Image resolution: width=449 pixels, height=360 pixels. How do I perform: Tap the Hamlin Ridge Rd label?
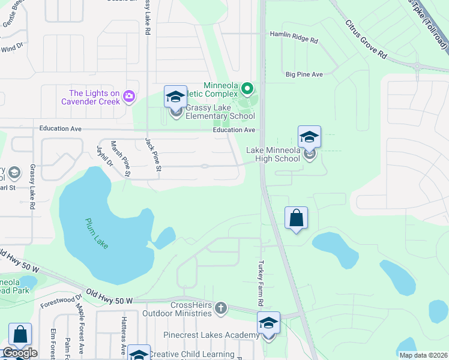[294, 38]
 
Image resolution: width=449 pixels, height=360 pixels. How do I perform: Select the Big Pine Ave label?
[304, 74]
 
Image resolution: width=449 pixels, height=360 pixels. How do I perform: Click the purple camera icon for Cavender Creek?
[128, 96]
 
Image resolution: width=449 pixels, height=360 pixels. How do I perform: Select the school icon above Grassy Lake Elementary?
[175, 97]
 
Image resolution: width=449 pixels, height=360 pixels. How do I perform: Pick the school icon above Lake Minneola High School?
[309, 137]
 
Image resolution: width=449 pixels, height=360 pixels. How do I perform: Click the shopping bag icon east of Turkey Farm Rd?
[297, 218]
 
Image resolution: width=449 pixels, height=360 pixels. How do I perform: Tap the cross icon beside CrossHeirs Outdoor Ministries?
[221, 308]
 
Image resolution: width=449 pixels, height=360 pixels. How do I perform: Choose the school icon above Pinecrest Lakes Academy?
[268, 323]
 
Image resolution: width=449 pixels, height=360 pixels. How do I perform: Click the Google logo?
[20, 353]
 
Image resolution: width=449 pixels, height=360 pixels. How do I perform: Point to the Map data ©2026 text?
[423, 355]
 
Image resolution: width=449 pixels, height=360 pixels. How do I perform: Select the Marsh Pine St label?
[120, 158]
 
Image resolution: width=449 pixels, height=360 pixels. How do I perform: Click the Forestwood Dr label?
[61, 301]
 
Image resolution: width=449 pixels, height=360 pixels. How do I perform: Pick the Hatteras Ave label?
[122, 344]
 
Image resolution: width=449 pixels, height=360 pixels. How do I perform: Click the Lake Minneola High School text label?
[273, 154]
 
